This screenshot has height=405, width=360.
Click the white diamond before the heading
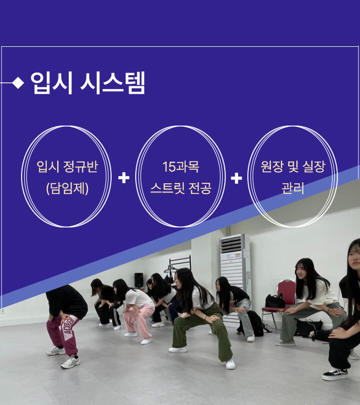(18, 83)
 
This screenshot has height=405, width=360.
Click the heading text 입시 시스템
(88, 83)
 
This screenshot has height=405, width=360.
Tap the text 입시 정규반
(67, 166)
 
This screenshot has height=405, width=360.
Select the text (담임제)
(67, 188)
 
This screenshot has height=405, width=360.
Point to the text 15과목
(181, 167)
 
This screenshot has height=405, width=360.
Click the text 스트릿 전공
(181, 188)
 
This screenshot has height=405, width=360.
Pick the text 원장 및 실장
(293, 166)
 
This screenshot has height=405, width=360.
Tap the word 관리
(293, 188)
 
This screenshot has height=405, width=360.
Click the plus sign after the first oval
(124, 178)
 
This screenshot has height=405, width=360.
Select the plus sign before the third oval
(237, 178)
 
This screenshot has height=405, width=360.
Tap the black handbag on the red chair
(275, 301)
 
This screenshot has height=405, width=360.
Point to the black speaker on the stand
(139, 280)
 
